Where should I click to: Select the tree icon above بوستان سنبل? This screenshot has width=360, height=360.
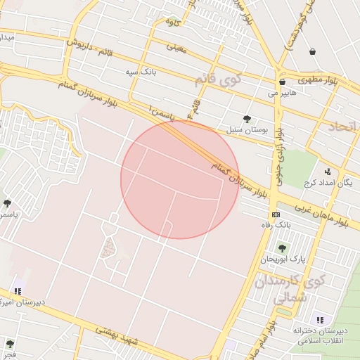tap(247, 119)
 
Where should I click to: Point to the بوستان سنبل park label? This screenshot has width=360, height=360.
tap(244, 130)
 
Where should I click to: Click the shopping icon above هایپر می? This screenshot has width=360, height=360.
tap(282, 82)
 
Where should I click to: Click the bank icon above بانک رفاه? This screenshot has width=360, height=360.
tap(276, 214)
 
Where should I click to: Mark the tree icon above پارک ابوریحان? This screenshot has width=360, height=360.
tap(282, 248)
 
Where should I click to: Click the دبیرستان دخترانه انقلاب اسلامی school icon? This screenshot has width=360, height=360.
tap(321, 320)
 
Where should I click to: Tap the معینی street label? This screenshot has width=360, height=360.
tap(175, 48)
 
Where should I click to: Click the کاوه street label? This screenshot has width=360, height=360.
tap(172, 22)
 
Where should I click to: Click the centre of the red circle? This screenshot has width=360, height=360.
tap(180, 179)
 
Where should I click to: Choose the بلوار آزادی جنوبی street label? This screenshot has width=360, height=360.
tap(279, 157)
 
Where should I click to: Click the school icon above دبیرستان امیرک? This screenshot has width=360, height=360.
tap(18, 290)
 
